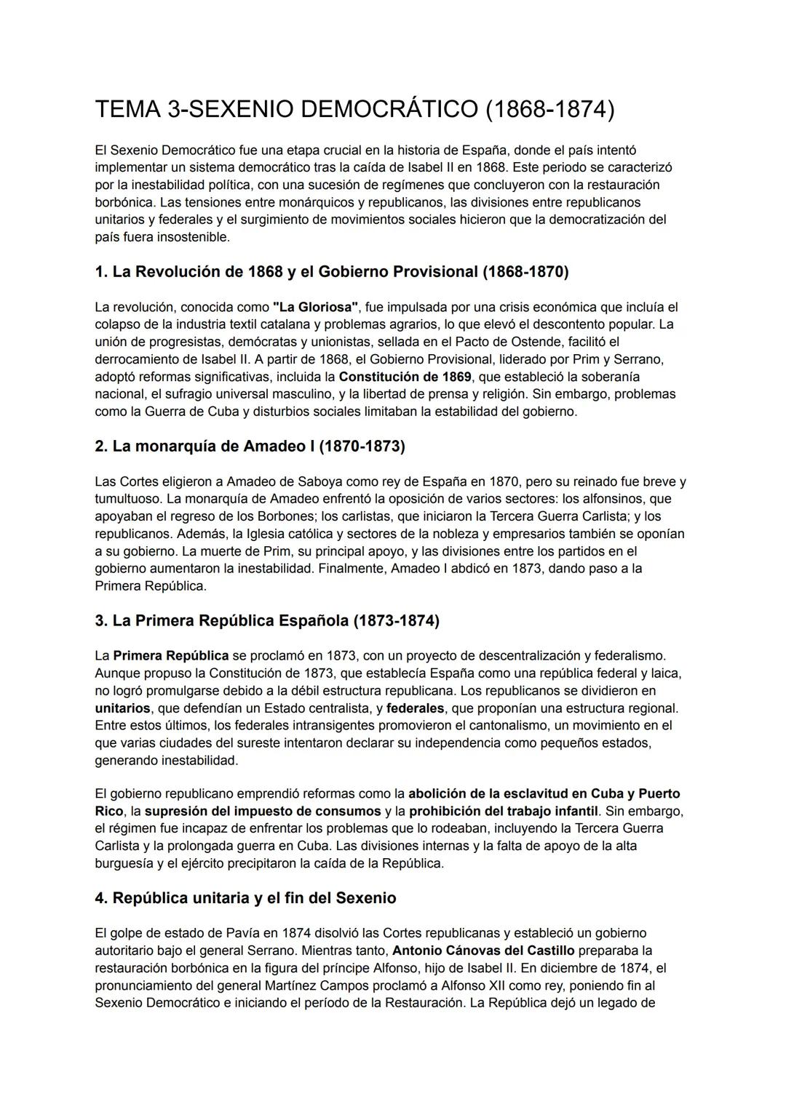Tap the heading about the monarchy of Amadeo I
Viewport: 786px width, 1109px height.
click(x=250, y=447)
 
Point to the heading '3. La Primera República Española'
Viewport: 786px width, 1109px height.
click(x=267, y=621)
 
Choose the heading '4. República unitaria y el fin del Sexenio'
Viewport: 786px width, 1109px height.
click(x=245, y=898)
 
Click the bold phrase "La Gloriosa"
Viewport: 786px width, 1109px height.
click(x=315, y=307)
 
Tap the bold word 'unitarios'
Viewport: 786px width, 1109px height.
click(x=122, y=708)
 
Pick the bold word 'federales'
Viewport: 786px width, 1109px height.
click(x=415, y=708)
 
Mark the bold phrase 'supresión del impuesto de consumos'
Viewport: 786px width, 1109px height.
click(x=263, y=811)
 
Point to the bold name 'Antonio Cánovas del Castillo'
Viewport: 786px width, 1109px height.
click(x=483, y=950)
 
